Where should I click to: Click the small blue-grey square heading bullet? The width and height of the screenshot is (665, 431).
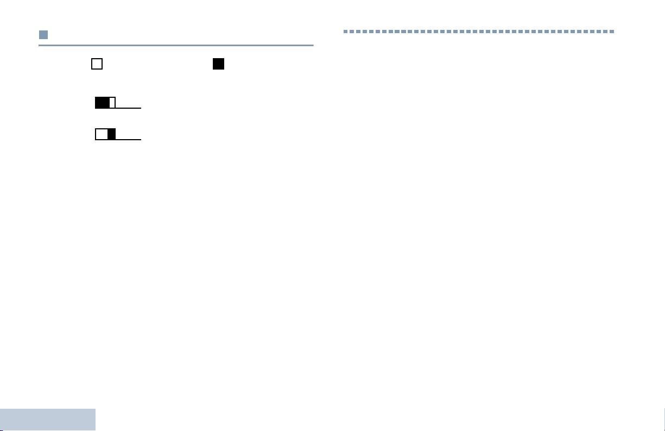tap(43, 35)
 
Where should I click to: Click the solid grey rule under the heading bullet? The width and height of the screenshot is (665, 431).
tap(176, 45)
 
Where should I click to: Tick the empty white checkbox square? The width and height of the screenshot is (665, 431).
tap(97, 64)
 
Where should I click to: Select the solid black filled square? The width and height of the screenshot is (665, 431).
tap(218, 64)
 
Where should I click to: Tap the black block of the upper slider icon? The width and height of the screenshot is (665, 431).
tap(102, 103)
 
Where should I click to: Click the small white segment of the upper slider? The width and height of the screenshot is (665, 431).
tap(112, 103)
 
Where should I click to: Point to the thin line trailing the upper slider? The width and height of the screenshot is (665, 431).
tap(128, 108)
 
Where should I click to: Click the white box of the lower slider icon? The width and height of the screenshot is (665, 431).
tap(102, 134)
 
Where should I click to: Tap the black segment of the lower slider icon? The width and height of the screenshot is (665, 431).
tap(112, 134)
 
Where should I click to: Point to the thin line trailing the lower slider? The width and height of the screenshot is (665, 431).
tap(128, 139)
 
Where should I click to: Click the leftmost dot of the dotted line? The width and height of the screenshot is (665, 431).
tap(345, 32)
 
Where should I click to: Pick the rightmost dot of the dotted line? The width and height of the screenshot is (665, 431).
tap(612, 32)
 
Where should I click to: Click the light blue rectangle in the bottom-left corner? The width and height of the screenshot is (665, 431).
tap(47, 420)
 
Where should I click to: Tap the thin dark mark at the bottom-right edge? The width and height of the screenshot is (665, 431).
tap(663, 420)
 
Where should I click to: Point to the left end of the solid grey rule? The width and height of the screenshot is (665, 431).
tap(40, 45)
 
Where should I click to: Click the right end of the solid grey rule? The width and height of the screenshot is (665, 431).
tap(313, 45)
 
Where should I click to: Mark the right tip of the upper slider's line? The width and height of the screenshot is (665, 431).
tap(141, 108)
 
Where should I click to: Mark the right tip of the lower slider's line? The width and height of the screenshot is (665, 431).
tap(141, 139)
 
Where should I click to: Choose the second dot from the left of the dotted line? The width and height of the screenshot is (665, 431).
tap(352, 32)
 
